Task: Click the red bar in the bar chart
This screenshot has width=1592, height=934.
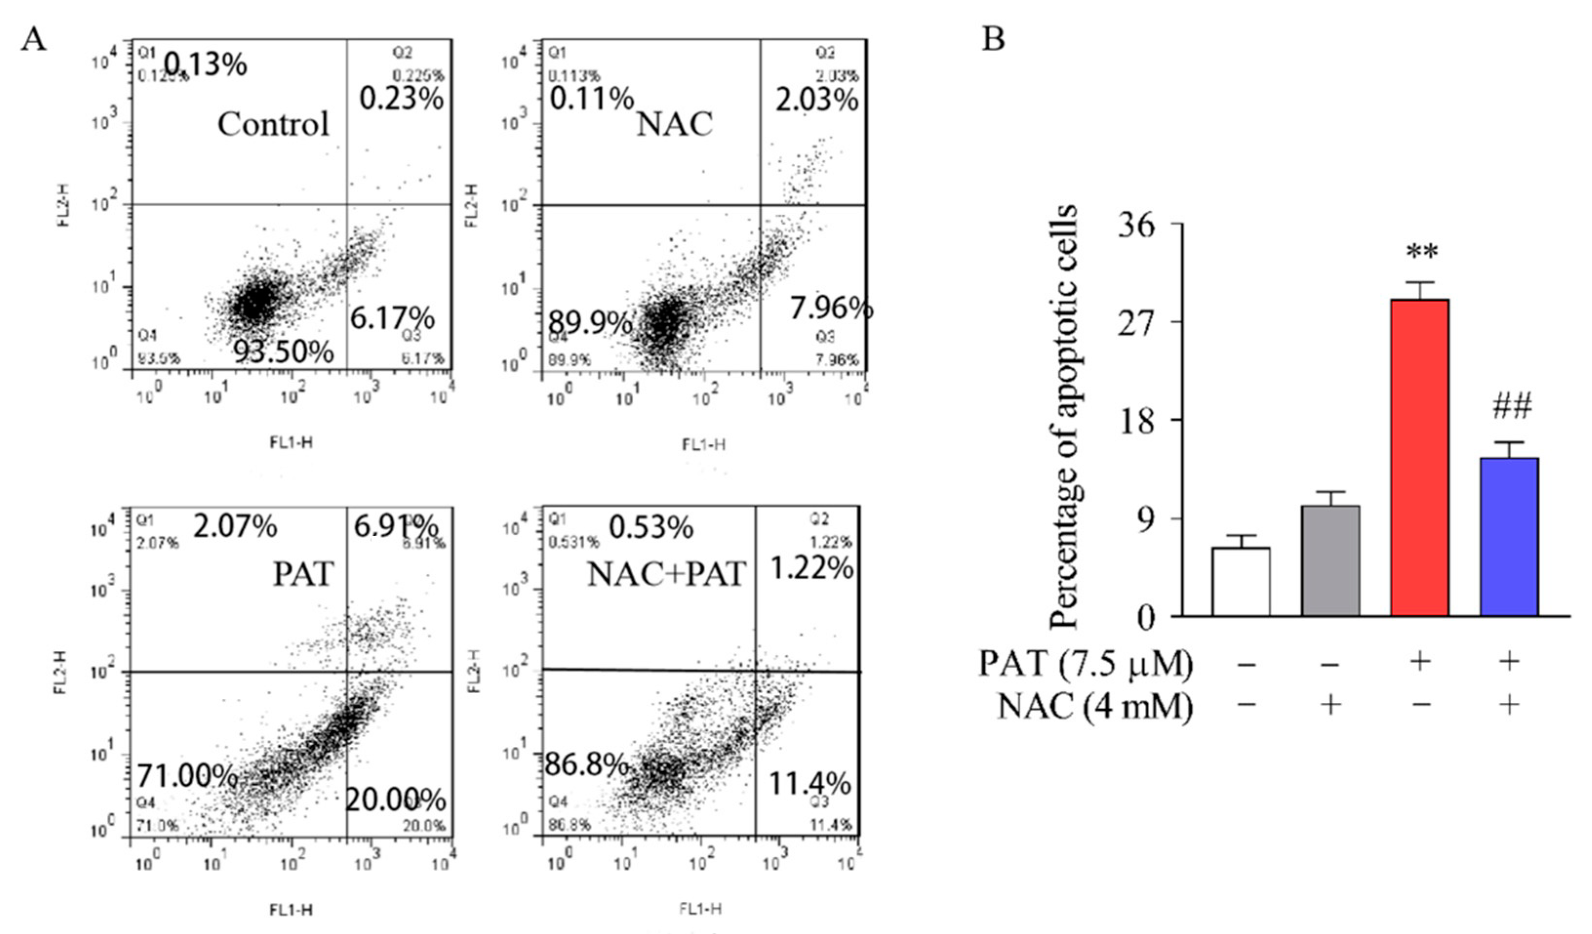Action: (x=1419, y=457)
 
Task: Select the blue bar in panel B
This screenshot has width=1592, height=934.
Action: (x=1509, y=536)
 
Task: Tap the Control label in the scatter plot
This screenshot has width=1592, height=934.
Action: (x=273, y=124)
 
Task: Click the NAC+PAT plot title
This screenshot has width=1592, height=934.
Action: (x=666, y=574)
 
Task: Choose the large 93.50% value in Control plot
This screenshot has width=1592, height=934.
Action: (x=284, y=351)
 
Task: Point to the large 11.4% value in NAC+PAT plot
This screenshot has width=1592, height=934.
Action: (x=809, y=784)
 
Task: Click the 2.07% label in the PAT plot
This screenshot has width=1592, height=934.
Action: (x=235, y=526)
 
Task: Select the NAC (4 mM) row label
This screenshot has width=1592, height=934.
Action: (x=1095, y=706)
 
